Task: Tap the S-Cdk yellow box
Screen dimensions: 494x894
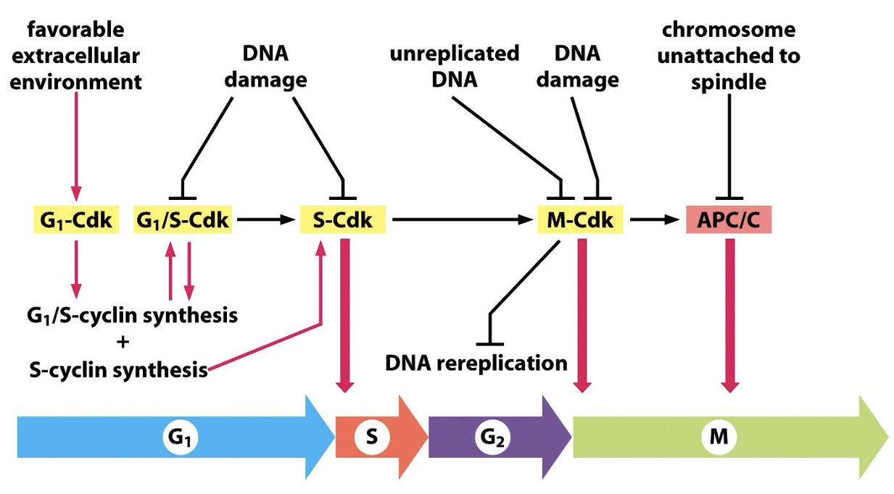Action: pyautogui.click(x=342, y=219)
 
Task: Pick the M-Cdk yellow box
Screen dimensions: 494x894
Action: pyautogui.click(x=580, y=219)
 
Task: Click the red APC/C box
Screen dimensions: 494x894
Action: pyautogui.click(x=728, y=219)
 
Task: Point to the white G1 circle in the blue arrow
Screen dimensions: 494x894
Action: pyautogui.click(x=181, y=438)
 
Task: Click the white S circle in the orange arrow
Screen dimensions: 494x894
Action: pyautogui.click(x=371, y=438)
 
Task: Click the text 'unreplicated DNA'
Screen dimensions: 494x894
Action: pyautogui.click(x=455, y=66)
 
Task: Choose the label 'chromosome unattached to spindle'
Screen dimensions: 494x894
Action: pyautogui.click(x=728, y=56)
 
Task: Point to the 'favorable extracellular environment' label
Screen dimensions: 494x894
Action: pyautogui.click(x=76, y=56)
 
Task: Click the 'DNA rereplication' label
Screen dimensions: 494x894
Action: pyautogui.click(x=476, y=362)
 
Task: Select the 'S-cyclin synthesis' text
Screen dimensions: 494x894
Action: pyautogui.click(x=118, y=369)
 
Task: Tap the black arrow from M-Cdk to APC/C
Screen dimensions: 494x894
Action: pyautogui.click(x=653, y=219)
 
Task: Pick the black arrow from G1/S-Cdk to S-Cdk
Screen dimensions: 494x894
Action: pyautogui.click(x=265, y=219)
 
